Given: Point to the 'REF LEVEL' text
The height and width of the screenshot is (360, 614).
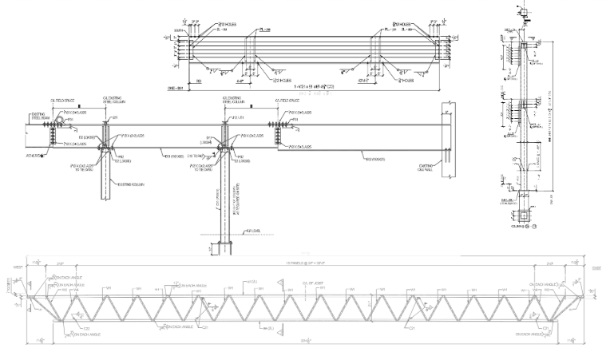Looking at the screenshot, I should (255, 231).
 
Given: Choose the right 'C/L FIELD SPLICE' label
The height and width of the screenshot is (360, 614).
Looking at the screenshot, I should (287, 101).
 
